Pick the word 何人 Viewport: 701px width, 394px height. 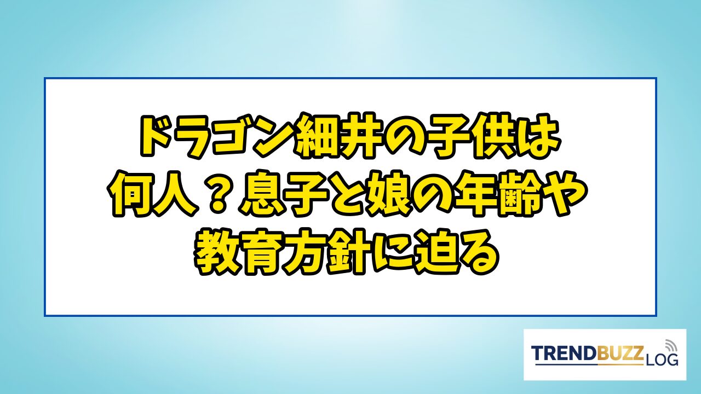[152, 194]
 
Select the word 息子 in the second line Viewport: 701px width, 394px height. [281, 194]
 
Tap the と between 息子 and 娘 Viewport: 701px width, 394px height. [345, 194]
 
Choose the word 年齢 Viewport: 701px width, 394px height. [498, 194]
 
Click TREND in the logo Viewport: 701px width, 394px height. [564, 353]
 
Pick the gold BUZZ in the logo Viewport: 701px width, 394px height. [620, 353]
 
